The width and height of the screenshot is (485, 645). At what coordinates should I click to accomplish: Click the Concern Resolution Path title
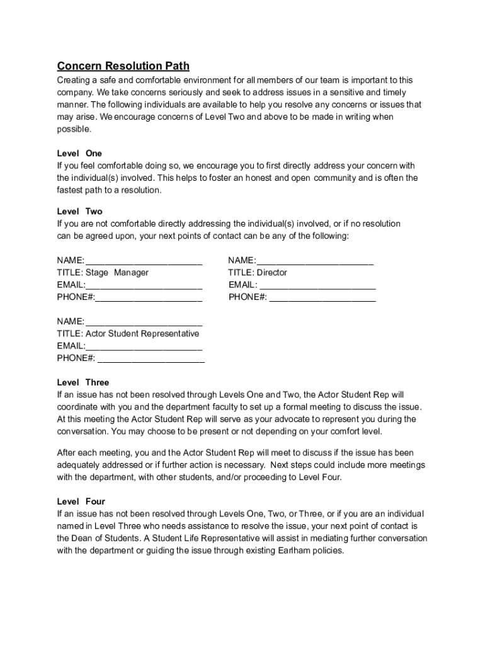pos(123,66)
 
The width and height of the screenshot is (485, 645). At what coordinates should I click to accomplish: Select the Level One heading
pos(79,154)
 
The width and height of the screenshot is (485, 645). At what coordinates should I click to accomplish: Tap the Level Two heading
pos(79,212)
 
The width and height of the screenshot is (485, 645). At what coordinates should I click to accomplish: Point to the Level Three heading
pos(83,382)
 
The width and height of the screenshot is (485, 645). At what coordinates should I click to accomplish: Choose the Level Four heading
pos(81,502)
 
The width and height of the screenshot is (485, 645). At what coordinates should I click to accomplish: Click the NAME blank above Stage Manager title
pos(144,261)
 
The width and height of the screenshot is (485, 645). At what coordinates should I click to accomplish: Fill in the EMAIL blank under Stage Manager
pos(144,285)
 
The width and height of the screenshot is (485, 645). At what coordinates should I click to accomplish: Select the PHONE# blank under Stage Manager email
pos(149,297)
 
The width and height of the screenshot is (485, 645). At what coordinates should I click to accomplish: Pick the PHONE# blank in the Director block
pos(322,297)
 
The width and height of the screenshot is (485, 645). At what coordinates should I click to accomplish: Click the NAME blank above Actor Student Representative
pos(144,322)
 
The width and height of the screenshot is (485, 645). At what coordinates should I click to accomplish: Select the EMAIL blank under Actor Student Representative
pos(144,346)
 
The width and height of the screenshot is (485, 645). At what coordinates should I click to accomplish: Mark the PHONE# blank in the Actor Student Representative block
pos(151,358)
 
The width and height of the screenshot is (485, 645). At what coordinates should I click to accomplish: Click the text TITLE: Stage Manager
pos(103,273)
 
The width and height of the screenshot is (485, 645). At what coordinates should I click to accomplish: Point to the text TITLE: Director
pos(257,273)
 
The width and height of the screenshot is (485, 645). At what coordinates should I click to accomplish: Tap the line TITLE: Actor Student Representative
pos(128,334)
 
